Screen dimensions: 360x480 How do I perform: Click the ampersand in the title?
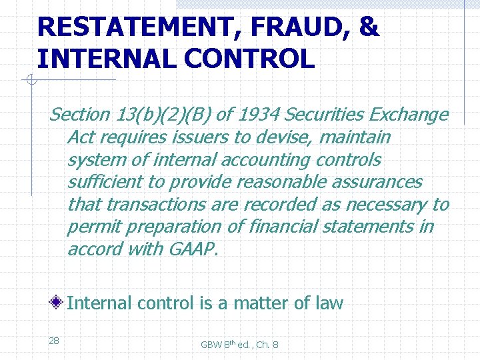(369, 27)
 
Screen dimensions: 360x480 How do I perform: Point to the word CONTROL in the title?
(251, 59)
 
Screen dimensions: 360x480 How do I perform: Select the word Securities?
(326, 115)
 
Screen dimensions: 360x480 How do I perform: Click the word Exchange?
(411, 115)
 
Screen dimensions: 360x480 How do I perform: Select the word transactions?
(153, 205)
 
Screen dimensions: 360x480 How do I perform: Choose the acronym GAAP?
(195, 249)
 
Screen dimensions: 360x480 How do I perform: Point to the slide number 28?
(54, 341)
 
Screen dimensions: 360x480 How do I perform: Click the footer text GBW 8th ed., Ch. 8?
(239, 344)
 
